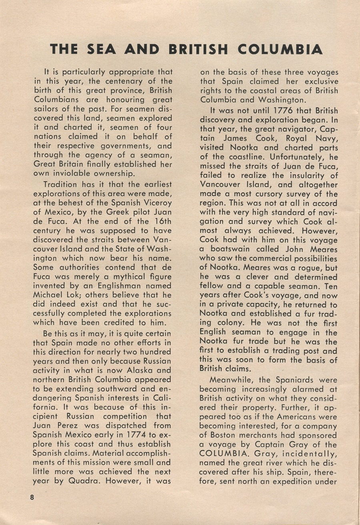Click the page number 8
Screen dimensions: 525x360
31,497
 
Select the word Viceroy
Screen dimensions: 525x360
155,203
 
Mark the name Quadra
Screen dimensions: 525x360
77,481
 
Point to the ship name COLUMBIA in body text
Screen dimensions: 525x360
224,453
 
